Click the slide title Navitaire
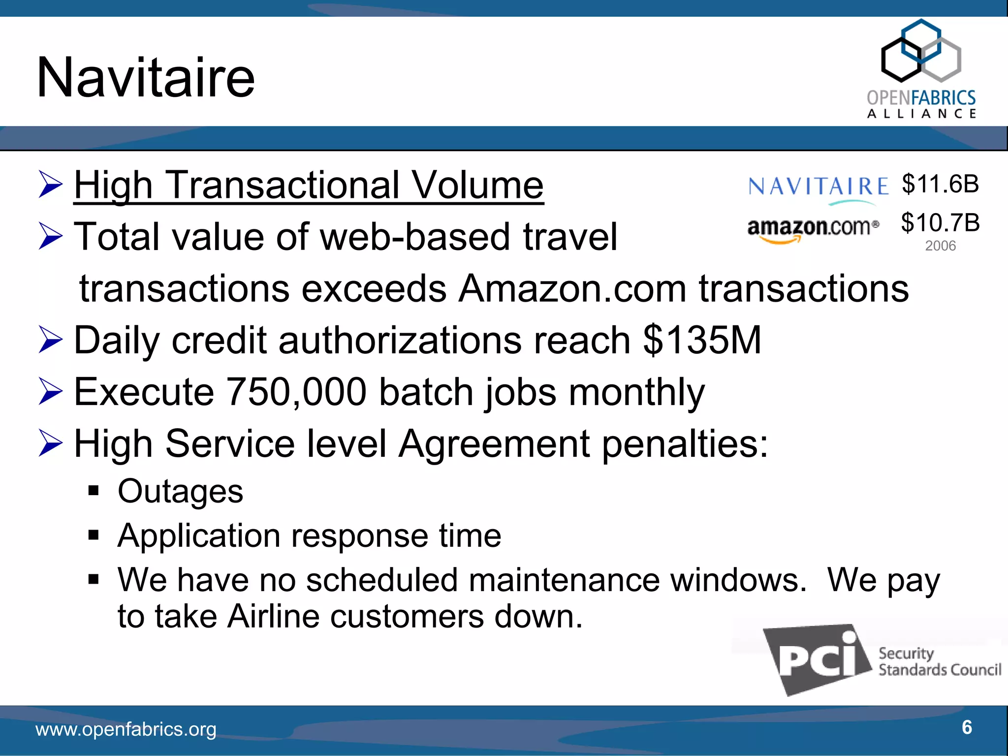(146, 78)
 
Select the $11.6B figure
(940, 184)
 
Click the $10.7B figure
(940, 223)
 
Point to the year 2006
(940, 246)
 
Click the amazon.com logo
(813, 229)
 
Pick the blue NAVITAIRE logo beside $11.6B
(818, 188)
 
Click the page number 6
(967, 727)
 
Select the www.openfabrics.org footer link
(126, 729)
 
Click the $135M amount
(702, 340)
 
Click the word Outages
(180, 491)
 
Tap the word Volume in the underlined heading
(477, 186)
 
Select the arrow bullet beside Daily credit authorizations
(51, 341)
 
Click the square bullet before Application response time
(94, 535)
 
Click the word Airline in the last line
(273, 616)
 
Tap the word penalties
(685, 444)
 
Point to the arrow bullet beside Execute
(51, 392)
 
